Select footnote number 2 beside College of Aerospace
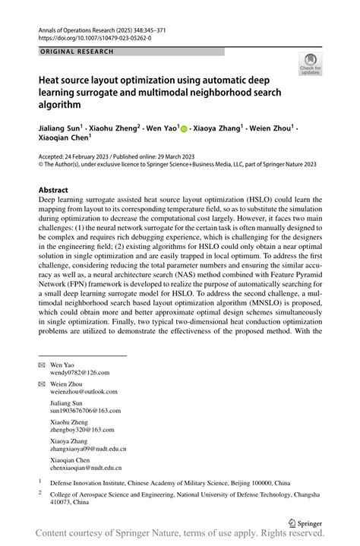coord(41,491)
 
